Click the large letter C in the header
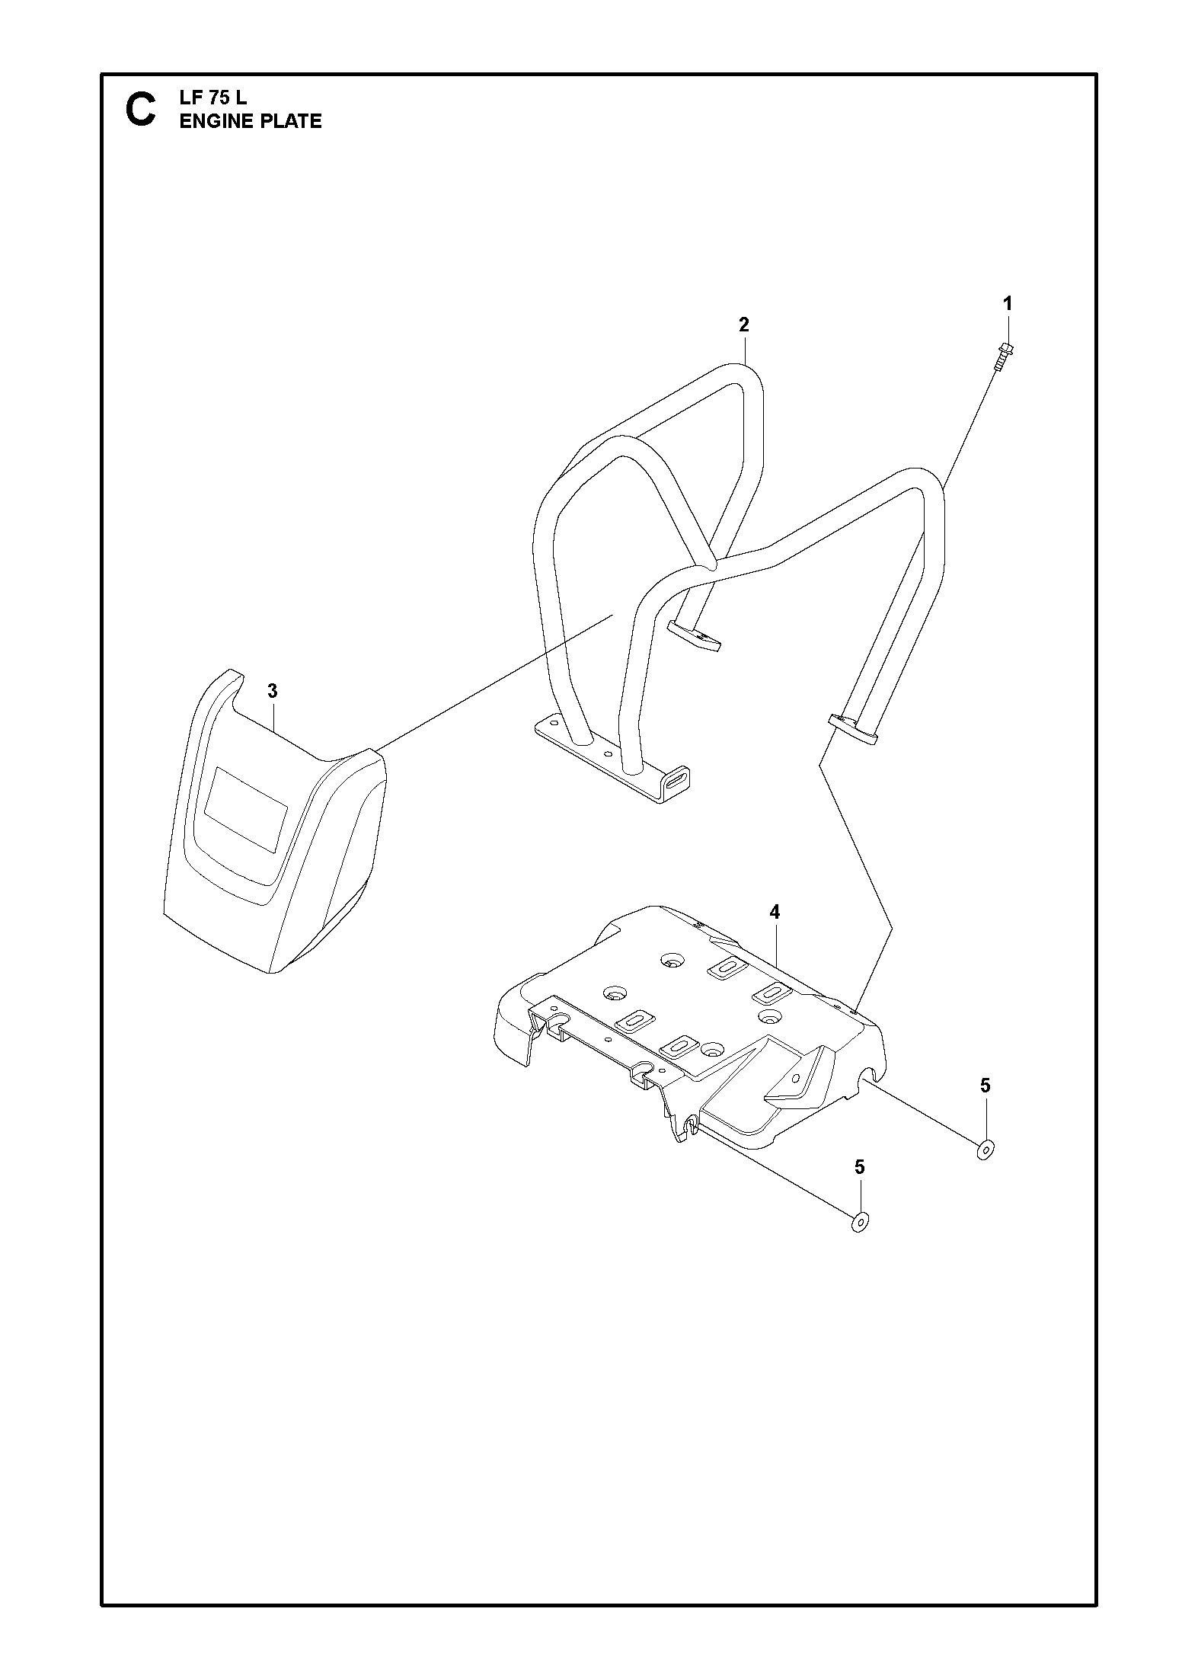(141, 110)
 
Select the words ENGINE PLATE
(251, 121)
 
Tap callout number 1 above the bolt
(1008, 303)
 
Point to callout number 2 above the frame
(744, 325)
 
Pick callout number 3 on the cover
(273, 691)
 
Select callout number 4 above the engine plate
(775, 912)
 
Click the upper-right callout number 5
(986, 1086)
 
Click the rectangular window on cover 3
(247, 809)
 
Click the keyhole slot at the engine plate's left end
(561, 1020)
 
